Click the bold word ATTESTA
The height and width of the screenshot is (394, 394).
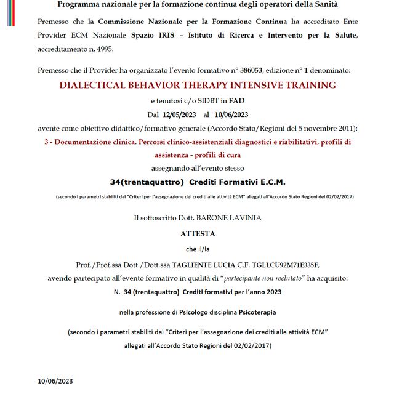(198, 234)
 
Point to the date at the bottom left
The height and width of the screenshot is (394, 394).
(56, 381)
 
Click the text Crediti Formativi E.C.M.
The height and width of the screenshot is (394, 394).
(237, 182)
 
